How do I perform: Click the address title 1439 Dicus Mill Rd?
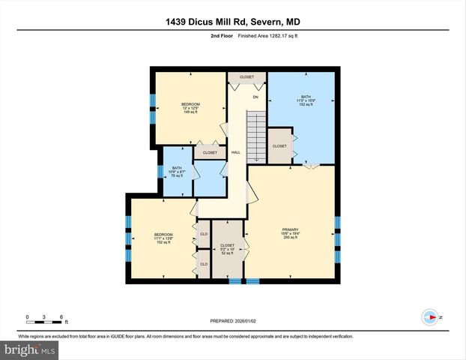coord(233,22)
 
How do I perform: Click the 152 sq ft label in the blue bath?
coord(306,104)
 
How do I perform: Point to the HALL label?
coord(235,152)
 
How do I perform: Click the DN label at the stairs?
coord(255,97)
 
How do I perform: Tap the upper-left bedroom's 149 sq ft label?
coord(190,112)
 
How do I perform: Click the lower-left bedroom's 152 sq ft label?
coord(163,242)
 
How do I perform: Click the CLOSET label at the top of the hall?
coord(246,77)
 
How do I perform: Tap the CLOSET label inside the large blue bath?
coord(279,145)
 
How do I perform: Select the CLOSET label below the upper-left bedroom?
coord(210,152)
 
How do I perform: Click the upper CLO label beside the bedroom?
coord(204,234)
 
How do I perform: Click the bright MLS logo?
coord(29,349)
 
